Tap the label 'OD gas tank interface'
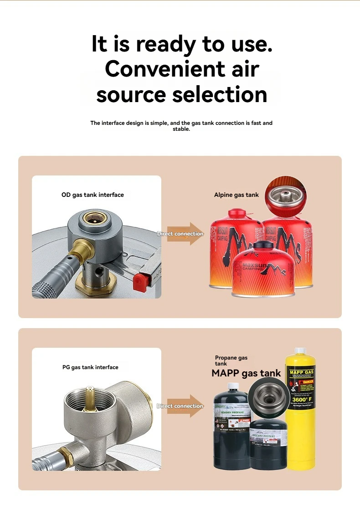(93, 195)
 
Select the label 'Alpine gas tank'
(236, 195)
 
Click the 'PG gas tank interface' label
(90, 367)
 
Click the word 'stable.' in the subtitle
(181, 129)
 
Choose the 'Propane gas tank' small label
(231, 360)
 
